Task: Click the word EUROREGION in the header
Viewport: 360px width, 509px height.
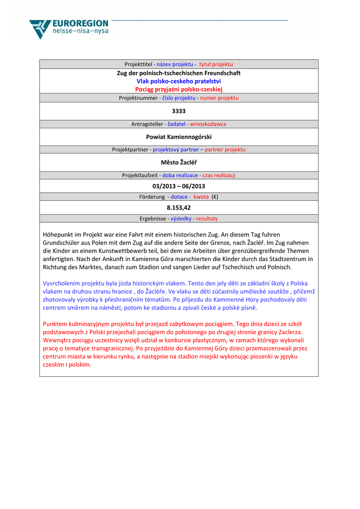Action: coord(80,23)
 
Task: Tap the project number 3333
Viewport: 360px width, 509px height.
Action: coord(179,111)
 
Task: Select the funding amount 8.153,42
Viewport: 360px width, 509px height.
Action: coord(179,208)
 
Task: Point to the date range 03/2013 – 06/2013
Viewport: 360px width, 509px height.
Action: coord(179,186)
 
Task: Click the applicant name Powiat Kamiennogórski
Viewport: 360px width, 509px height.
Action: coord(179,137)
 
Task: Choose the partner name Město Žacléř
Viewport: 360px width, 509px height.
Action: coord(179,162)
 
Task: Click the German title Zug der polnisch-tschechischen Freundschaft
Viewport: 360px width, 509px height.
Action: coord(179,73)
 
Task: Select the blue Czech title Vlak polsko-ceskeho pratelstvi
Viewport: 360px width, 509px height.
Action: coord(179,81)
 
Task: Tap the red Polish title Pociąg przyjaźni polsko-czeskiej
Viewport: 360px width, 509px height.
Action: coord(179,89)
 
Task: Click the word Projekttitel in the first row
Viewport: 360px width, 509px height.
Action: coord(138,64)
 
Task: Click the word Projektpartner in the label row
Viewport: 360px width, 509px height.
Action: coord(130,149)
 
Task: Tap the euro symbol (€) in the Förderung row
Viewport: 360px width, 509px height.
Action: coord(215,197)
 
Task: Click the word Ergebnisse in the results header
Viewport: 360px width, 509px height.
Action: coord(153,218)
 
